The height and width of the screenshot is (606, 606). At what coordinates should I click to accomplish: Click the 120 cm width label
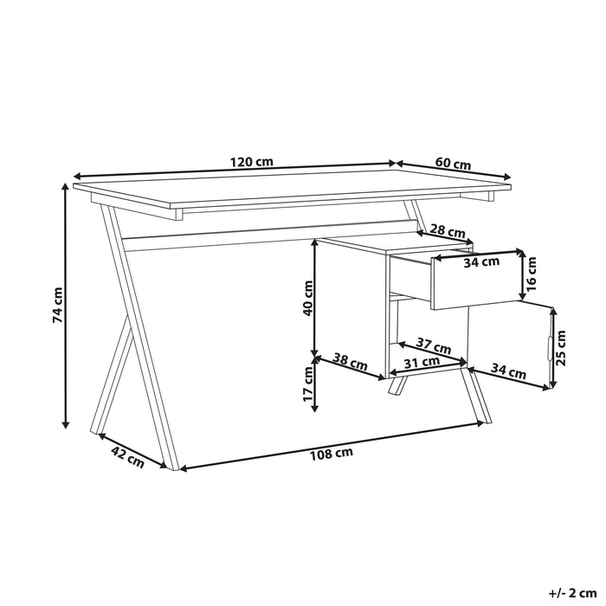[x=252, y=162]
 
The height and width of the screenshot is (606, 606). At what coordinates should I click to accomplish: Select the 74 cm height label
[x=57, y=305]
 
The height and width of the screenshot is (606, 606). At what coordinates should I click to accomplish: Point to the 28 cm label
[x=447, y=230]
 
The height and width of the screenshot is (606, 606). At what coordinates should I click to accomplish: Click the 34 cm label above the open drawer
[x=482, y=261]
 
